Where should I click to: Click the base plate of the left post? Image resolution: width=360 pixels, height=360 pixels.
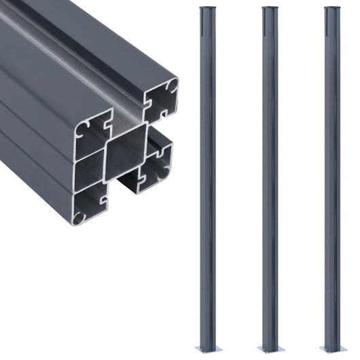pyautogui.click(x=205, y=348)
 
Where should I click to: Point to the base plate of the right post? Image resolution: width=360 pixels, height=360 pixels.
pyautogui.click(x=330, y=348)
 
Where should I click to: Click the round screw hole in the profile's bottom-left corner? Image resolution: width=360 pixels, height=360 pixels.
pyautogui.click(x=80, y=217)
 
